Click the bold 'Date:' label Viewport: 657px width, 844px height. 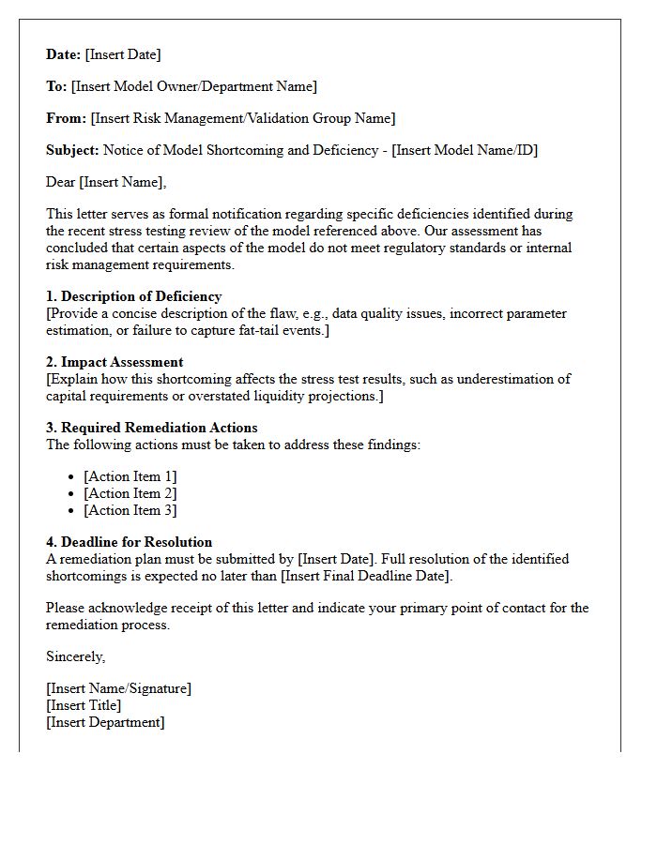(64, 54)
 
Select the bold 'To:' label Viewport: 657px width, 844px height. (56, 86)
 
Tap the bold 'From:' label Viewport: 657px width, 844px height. (67, 118)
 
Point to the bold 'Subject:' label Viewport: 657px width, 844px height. (72, 150)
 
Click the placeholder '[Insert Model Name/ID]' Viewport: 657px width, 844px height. (465, 150)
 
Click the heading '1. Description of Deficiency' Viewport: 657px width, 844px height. (134, 296)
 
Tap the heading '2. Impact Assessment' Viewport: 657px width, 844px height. (115, 362)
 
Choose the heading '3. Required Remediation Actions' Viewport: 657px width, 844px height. (152, 428)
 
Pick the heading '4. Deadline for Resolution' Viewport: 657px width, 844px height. (130, 542)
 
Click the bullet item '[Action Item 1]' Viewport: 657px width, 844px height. (130, 476)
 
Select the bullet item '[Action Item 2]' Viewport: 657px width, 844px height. (130, 493)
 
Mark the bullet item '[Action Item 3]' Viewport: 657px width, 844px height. (130, 510)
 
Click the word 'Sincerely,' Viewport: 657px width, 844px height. (76, 656)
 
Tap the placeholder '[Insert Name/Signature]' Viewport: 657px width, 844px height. (118, 688)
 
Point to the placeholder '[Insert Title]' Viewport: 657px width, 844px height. (84, 705)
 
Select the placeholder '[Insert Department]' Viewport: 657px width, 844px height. (105, 722)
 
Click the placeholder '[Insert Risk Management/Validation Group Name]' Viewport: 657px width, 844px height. (243, 118)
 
